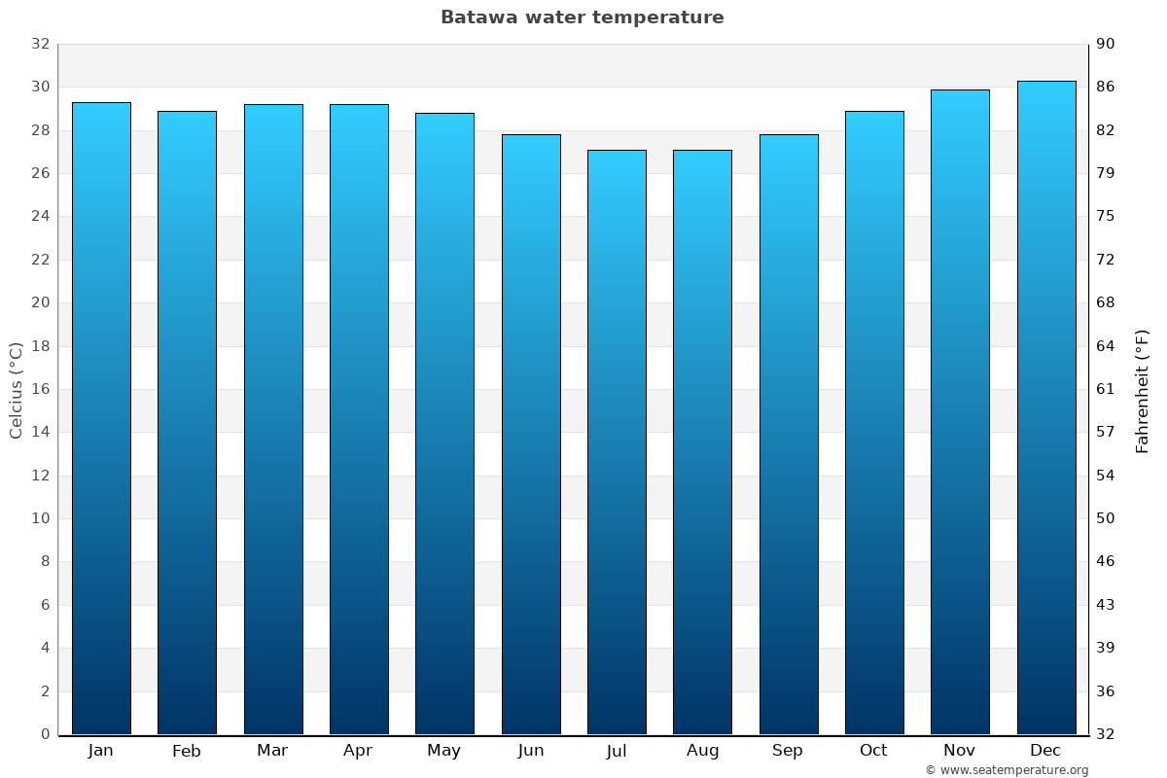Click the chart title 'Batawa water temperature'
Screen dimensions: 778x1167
pos(582,18)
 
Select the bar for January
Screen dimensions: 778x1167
pos(101,418)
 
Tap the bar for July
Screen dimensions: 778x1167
pos(617,442)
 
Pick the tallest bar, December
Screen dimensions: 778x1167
pos(1046,407)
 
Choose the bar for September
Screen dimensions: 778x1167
pos(789,435)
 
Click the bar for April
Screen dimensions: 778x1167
pos(359,419)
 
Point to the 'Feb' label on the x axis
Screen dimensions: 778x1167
pos(186,751)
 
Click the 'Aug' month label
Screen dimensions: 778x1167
pos(702,751)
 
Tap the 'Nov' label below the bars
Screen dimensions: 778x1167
pos(960,751)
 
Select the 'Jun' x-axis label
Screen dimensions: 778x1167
pos(531,751)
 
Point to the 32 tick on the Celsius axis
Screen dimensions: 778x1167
pos(40,44)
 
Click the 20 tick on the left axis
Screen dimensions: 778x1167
pos(40,302)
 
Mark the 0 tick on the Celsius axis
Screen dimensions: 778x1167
pos(45,734)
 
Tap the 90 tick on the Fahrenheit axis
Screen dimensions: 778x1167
pos(1106,44)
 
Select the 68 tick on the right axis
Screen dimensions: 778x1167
pos(1106,302)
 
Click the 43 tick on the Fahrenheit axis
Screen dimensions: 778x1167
pos(1106,605)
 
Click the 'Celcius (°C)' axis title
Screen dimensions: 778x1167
pos(17,389)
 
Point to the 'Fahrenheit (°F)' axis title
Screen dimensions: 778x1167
pos(1143,390)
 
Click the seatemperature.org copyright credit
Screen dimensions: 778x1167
pos(1007,770)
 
